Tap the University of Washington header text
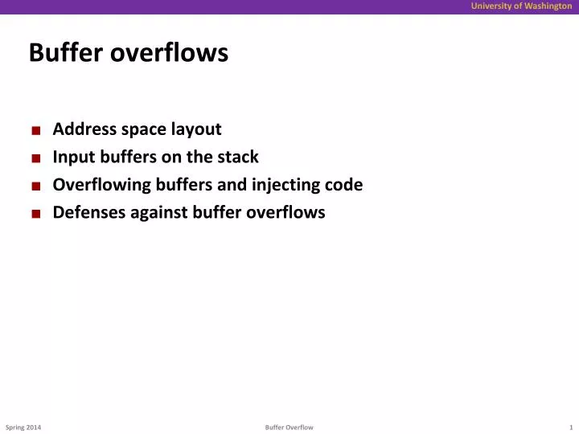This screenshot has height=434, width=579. [x=521, y=6]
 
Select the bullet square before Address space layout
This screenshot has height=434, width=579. [x=37, y=130]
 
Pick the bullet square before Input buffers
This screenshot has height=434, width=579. [x=37, y=158]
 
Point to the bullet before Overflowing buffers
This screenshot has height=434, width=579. [x=37, y=186]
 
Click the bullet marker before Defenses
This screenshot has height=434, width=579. [x=37, y=214]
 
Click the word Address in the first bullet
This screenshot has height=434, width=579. [x=84, y=129]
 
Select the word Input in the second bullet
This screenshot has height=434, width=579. [x=71, y=158]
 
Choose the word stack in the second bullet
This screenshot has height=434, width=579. [x=239, y=158]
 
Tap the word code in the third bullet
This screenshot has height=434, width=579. [x=346, y=185]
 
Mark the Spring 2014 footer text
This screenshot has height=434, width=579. [x=23, y=427]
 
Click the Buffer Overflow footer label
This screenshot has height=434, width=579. [x=289, y=427]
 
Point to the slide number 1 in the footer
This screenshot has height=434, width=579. [x=570, y=427]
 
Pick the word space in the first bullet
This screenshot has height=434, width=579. [x=142, y=129]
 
